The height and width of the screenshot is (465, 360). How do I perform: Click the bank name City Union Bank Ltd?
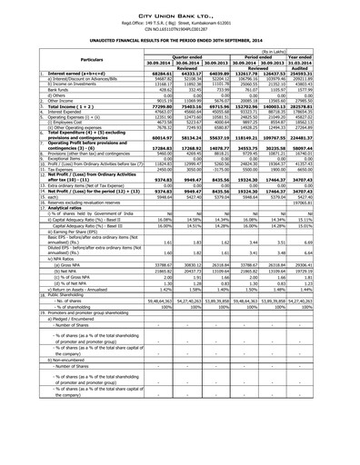[x=180, y=6]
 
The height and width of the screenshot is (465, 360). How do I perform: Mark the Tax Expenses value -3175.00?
[x=222, y=170]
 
